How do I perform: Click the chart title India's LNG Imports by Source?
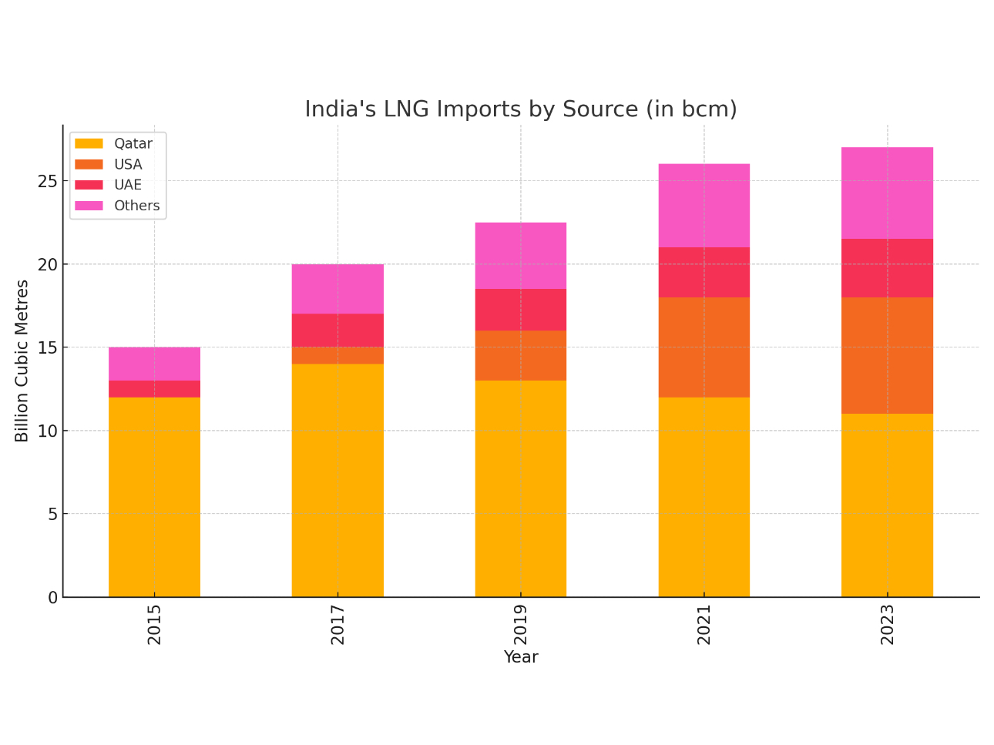tap(520, 109)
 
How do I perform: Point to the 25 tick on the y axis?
tap(48, 181)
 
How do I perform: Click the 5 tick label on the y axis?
tap(52, 514)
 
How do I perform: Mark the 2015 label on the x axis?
tap(154, 624)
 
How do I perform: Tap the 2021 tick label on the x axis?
tap(704, 624)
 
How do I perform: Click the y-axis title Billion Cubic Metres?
tap(22, 361)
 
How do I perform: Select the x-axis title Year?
tap(521, 657)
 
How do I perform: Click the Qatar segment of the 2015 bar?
tap(154, 497)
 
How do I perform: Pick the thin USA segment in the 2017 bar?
tap(337, 355)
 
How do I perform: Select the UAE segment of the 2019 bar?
tap(521, 310)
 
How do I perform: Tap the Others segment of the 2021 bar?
tap(704, 206)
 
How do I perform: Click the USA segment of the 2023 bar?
tap(887, 355)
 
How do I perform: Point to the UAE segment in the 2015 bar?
tap(154, 389)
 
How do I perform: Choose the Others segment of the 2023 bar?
tap(887, 193)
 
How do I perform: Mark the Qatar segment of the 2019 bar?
tap(521, 488)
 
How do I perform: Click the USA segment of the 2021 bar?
tap(704, 347)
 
